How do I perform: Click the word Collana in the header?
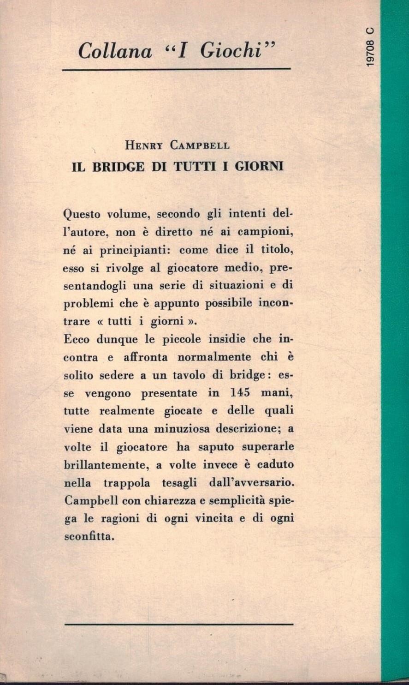115,50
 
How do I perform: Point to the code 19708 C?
370,47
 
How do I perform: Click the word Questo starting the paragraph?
83,215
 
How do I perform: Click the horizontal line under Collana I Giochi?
176,69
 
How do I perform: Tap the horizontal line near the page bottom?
179,625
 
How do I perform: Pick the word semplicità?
242,500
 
